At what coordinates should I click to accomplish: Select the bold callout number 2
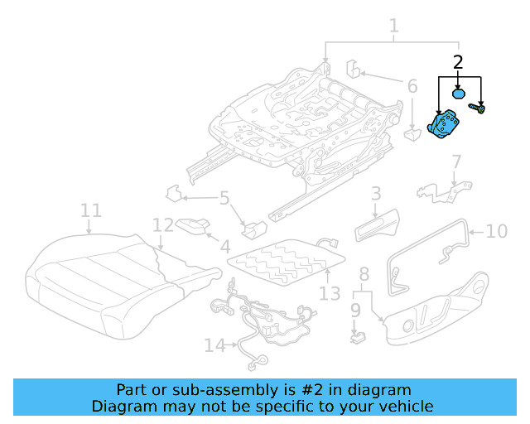(458, 61)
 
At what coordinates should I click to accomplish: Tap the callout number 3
(375, 194)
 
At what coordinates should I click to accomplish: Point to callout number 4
(224, 246)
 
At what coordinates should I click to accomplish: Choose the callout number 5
(224, 198)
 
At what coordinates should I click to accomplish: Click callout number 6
(412, 85)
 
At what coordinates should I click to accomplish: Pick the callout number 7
(455, 161)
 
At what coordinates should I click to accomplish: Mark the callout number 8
(364, 274)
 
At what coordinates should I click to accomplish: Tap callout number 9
(355, 310)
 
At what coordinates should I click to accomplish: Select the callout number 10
(496, 231)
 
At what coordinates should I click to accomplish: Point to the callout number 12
(163, 225)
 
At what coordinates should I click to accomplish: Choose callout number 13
(329, 293)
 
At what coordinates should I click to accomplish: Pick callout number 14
(214, 345)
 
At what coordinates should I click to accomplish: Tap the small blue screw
(478, 107)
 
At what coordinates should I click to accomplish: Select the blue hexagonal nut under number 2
(457, 92)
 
